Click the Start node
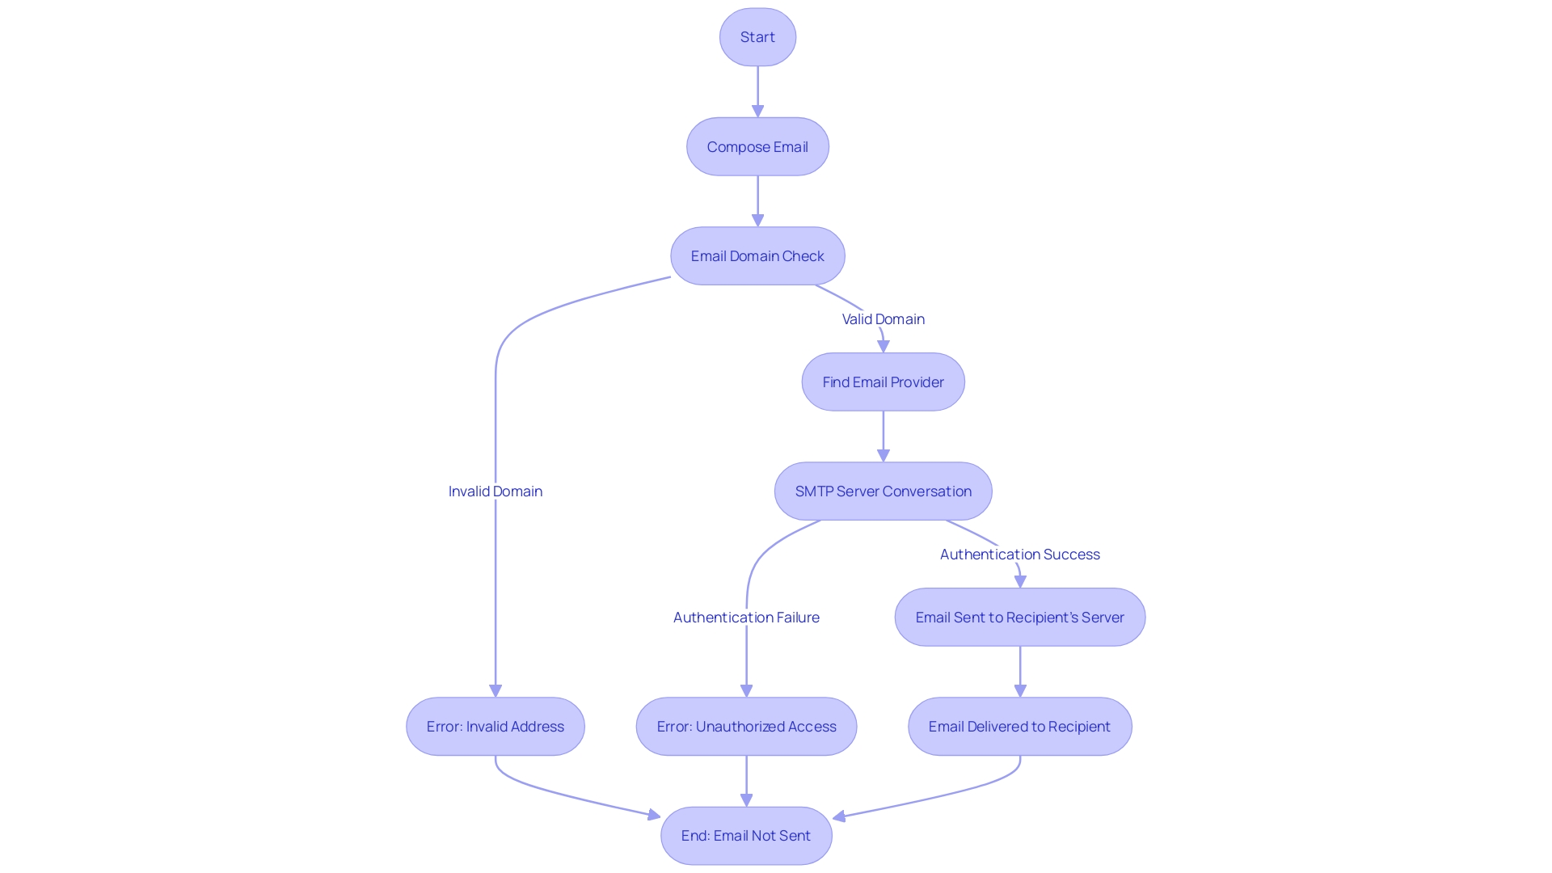coord(757,37)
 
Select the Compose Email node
coord(757,147)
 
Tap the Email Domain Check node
coord(757,256)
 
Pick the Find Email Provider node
coord(883,382)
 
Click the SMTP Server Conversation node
coord(883,491)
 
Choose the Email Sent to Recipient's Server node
coord(1019,618)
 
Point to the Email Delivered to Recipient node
coord(1019,727)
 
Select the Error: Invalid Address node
coord(495,727)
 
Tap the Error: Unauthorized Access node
coord(746,727)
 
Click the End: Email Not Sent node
coord(746,836)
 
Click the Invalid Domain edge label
coord(495,491)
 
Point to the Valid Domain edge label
coord(883,319)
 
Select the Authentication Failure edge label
coord(746,618)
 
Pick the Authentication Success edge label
coord(1019,555)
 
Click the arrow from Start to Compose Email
coord(757,91)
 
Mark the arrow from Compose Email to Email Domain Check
coord(757,200)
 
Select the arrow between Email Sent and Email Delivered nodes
coord(1019,670)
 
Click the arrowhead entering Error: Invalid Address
coord(496,690)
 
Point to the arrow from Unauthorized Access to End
coord(746,780)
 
